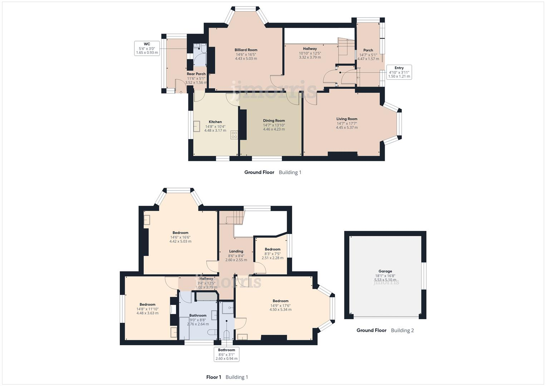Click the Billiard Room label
[246, 50]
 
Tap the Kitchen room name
[215, 122]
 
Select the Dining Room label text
[274, 120]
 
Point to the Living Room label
[346, 119]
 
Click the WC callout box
[147, 48]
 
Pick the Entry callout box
[399, 72]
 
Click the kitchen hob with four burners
[234, 135]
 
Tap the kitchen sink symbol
[197, 126]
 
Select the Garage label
[385, 271]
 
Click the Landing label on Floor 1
[236, 251]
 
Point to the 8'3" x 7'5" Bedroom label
[272, 249]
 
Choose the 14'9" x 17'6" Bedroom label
[280, 301]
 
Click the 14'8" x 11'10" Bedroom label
[147, 305]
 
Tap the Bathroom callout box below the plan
[226, 354]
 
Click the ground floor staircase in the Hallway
[345, 47]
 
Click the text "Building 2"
[402, 330]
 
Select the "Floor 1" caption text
[213, 377]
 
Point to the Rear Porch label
[196, 74]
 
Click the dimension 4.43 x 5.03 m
[246, 59]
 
